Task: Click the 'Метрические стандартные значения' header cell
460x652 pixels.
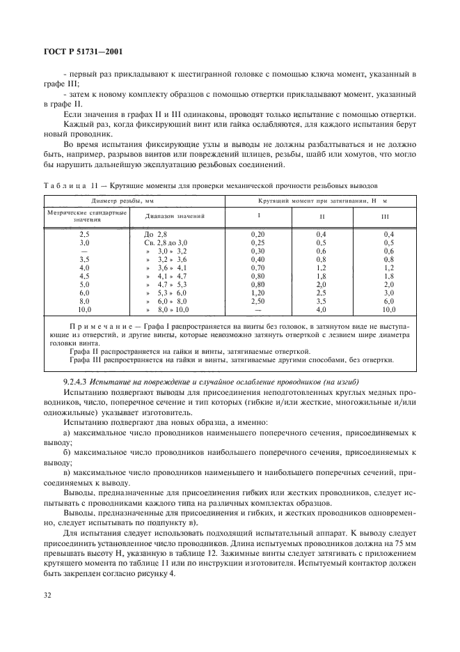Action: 86,216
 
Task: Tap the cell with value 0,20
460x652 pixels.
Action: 258,234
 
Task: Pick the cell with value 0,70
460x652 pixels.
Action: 258,267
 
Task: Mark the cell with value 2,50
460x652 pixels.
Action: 258,301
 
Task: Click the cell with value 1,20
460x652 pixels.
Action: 258,293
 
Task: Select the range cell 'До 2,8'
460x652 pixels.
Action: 155,234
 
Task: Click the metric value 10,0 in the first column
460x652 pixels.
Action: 86,309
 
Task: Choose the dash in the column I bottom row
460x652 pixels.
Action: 258,309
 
